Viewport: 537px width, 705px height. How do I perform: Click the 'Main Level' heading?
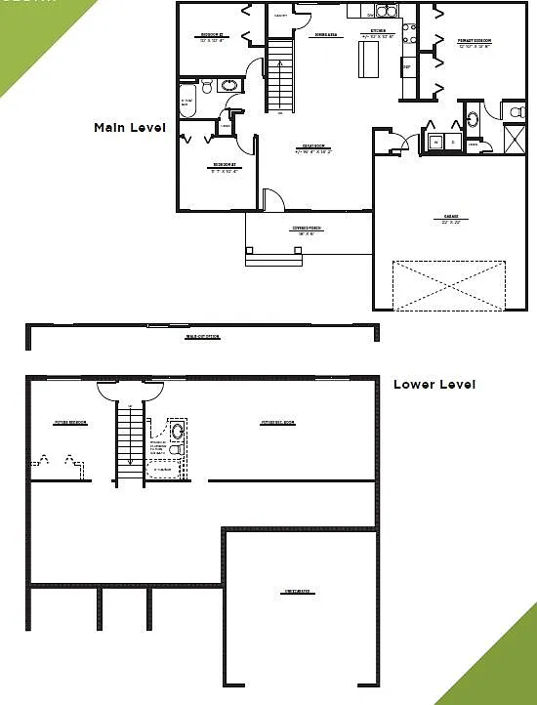pyautogui.click(x=129, y=128)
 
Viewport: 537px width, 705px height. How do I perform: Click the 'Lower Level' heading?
pyautogui.click(x=434, y=385)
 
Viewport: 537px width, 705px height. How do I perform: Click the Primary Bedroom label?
pyautogui.click(x=474, y=42)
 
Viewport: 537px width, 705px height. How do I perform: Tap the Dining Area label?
pyautogui.click(x=325, y=35)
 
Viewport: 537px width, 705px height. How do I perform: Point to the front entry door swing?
pyautogui.click(x=274, y=199)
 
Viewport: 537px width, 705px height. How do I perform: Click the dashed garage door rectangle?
pyautogui.click(x=448, y=285)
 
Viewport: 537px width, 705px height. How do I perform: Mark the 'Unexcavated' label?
pyautogui.click(x=298, y=592)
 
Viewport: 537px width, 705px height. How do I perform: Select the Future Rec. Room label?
pyautogui.click(x=278, y=423)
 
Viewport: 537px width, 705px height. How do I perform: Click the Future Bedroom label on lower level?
pyautogui.click(x=71, y=423)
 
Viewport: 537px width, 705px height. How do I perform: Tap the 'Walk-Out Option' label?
pyautogui.click(x=202, y=337)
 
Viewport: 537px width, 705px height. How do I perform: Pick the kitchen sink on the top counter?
pyautogui.click(x=386, y=13)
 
